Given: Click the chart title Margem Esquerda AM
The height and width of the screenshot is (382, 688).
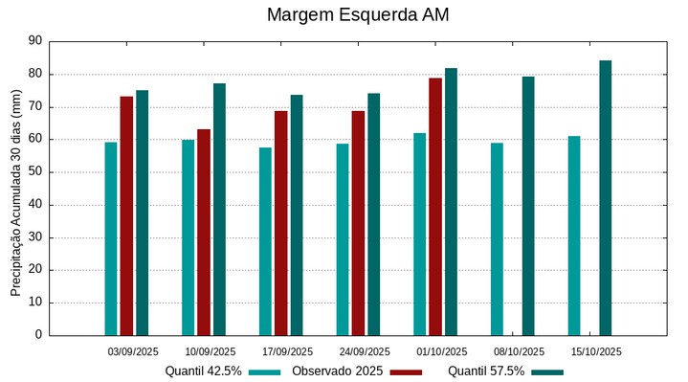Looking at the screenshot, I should tap(357, 15).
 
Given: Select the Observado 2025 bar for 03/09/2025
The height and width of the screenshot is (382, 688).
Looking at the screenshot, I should tap(126, 215).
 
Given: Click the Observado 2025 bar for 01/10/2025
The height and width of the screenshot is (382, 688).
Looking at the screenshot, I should tap(435, 206).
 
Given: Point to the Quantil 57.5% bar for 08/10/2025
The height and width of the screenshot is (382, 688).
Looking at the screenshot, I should tap(528, 206).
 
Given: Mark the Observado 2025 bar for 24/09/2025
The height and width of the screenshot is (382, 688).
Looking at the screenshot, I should tap(358, 223).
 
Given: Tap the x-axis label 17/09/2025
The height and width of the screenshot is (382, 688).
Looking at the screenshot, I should tap(287, 351).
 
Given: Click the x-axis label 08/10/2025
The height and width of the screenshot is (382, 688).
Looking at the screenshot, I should tap(519, 351).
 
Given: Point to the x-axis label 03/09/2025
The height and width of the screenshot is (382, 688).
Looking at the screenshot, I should tap(133, 351).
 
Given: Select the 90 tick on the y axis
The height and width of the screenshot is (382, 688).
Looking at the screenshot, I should tap(36, 41).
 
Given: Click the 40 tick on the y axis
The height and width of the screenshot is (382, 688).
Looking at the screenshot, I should tap(36, 205).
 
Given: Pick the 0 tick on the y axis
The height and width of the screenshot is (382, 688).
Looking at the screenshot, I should tap(39, 335).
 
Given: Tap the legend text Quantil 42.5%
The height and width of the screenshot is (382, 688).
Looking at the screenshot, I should tap(203, 371).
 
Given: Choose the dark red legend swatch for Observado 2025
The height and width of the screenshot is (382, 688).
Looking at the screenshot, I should tap(406, 371).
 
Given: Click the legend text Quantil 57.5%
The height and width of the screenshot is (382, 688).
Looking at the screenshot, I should tap(486, 371).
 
